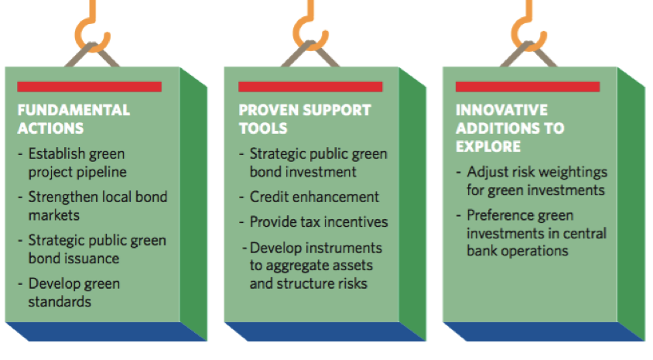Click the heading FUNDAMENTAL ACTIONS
coord(74,118)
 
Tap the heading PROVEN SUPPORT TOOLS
coord(305,118)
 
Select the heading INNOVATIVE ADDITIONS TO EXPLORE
coord(510,128)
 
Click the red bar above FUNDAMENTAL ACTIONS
coord(90,87)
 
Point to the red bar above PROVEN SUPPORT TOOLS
coord(310,87)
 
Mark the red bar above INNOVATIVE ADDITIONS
coord(528,87)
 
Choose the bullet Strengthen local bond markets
coord(97,206)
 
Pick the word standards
coord(60,301)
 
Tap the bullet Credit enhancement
coord(314,197)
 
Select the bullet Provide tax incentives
coord(319,221)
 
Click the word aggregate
coord(297,266)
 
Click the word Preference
coord(494,215)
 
